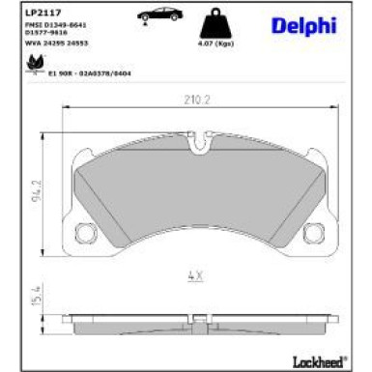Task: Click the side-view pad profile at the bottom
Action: pyautogui.click(x=198, y=317)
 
